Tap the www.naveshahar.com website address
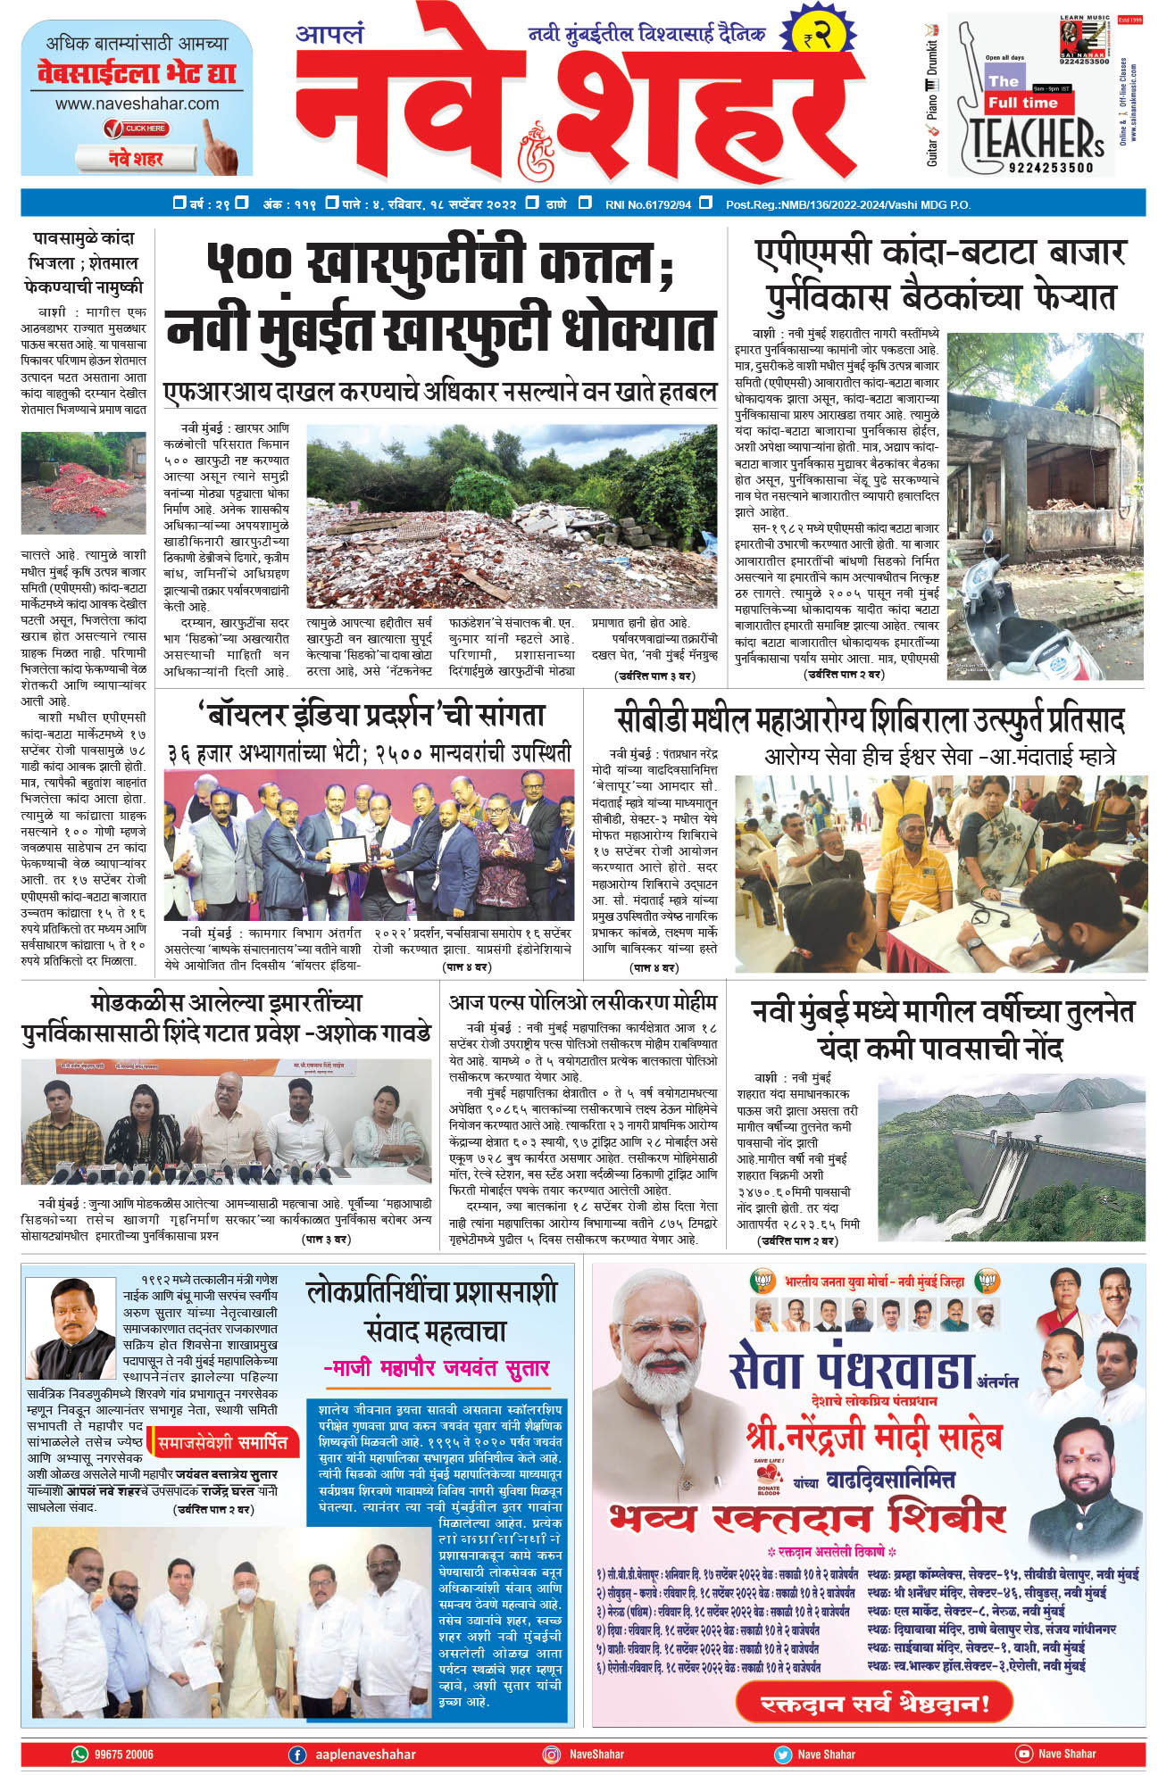[137, 104]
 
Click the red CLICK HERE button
[137, 129]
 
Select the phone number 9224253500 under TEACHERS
[1050, 167]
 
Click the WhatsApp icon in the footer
[80, 1754]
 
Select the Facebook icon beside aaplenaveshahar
[297, 1754]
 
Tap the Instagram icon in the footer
[552, 1754]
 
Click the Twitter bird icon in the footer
[783, 1754]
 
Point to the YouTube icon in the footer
[1023, 1754]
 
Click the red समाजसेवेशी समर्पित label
[222, 1442]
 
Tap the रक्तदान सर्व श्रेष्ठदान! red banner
[874, 1703]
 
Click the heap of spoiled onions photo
[83, 483]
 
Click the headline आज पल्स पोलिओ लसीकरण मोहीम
[582, 1002]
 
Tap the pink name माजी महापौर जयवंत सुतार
[436, 1368]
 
